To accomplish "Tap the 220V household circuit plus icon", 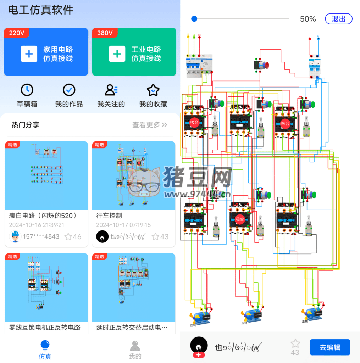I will tap(29, 54).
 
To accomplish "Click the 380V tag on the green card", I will tap(105, 33).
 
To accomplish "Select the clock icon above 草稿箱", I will tap(27, 90).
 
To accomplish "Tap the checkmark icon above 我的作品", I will tap(69, 90).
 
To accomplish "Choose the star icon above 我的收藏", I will tap(153, 90).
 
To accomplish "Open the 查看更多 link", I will tap(149, 125).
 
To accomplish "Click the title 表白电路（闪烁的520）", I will tap(43, 216).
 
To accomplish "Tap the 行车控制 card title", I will tap(109, 216).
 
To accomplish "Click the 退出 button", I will tap(338, 19).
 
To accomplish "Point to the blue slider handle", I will tap(194, 19).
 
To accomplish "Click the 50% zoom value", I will tap(308, 19).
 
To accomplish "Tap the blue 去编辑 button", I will tap(330, 347).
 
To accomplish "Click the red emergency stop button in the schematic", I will tap(265, 65).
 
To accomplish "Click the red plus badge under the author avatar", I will tap(199, 355).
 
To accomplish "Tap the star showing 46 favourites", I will tap(68, 236).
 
